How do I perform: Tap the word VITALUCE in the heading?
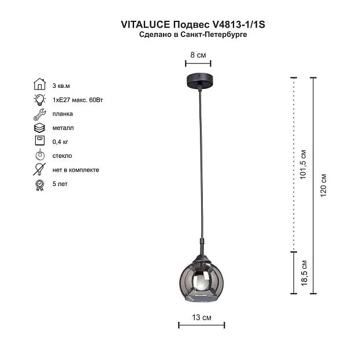(x=146, y=25)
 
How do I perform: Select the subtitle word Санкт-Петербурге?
(x=214, y=35)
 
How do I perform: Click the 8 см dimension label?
(x=198, y=55)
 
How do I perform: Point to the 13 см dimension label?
(x=202, y=317)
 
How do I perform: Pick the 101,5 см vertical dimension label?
(x=303, y=164)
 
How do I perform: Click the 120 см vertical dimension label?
(x=323, y=185)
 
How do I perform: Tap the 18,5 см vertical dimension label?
(x=304, y=273)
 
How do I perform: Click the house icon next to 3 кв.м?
(x=40, y=84)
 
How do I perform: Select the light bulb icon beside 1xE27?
(x=40, y=99)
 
